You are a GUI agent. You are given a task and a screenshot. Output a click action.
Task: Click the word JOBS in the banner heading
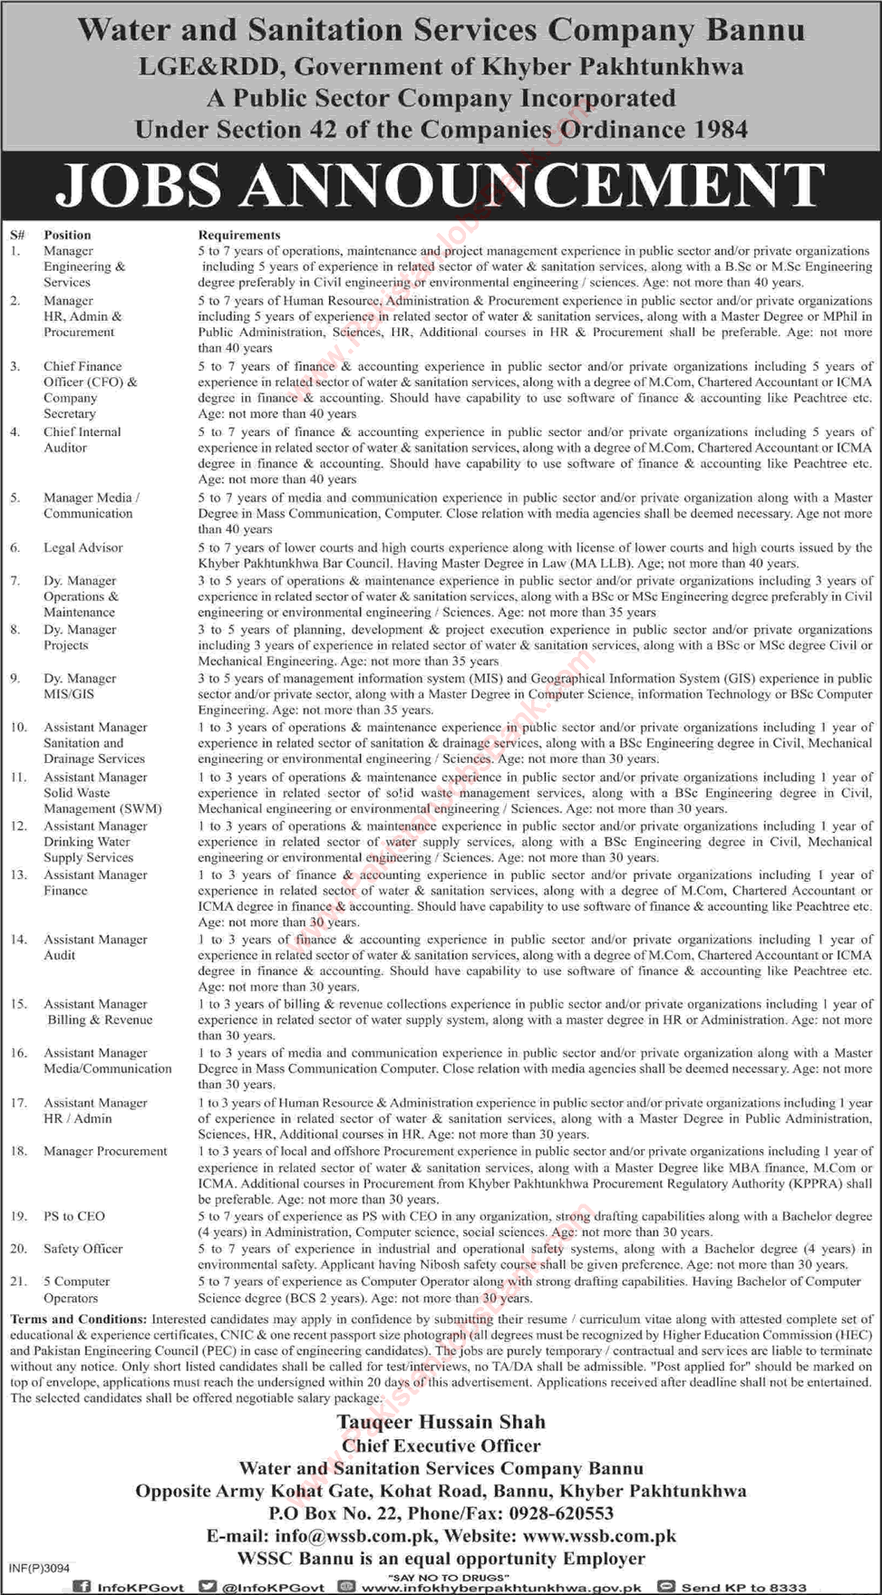pos(139,184)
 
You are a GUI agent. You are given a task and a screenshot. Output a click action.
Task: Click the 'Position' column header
pos(67,235)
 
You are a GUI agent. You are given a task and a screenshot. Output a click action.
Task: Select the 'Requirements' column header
pos(239,235)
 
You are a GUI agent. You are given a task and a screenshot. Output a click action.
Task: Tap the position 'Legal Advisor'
pos(82,547)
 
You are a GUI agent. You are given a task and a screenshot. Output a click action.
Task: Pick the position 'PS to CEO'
pos(74,1216)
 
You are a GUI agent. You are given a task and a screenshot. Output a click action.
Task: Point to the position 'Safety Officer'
pos(82,1249)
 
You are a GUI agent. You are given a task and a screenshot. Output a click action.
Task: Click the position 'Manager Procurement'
pos(105,1151)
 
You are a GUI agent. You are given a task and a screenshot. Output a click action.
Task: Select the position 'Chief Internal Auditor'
pos(82,440)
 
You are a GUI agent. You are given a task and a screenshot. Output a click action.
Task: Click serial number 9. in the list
pos(15,678)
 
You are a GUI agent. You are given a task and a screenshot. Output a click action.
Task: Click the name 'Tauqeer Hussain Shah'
pos(441,1422)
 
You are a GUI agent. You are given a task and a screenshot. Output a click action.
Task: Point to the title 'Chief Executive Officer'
pos(441,1445)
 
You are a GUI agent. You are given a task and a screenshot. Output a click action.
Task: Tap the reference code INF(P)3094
pos(39,1568)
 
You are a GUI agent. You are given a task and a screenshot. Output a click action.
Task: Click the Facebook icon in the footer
pos(82,1587)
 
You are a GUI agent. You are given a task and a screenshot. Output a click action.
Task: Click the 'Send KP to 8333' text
pos(743,1588)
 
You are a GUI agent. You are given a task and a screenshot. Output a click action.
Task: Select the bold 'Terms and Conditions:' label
pos(79,1319)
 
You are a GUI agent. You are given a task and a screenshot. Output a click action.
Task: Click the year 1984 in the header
pos(722,130)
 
